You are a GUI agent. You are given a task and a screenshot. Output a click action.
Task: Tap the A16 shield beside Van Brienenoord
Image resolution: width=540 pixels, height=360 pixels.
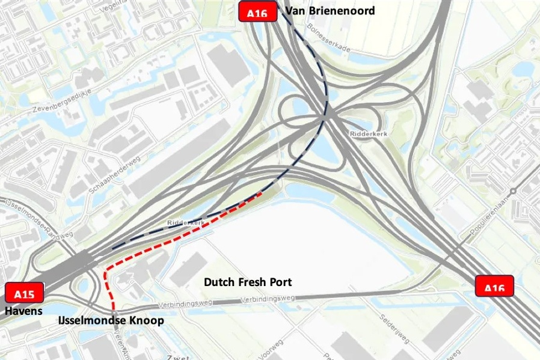coord(258,12)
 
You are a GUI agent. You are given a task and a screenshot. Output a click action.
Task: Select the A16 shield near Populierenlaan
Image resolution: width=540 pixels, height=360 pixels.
coord(495,286)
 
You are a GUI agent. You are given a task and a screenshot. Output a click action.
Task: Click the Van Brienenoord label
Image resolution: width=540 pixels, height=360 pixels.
coord(330,11)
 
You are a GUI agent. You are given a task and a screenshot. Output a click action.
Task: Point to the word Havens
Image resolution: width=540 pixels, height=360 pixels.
coord(24,311)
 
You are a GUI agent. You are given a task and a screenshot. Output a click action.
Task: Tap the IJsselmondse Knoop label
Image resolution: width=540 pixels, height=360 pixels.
coord(111,321)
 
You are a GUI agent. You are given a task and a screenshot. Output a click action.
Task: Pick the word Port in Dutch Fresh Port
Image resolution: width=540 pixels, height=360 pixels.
coord(280,282)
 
